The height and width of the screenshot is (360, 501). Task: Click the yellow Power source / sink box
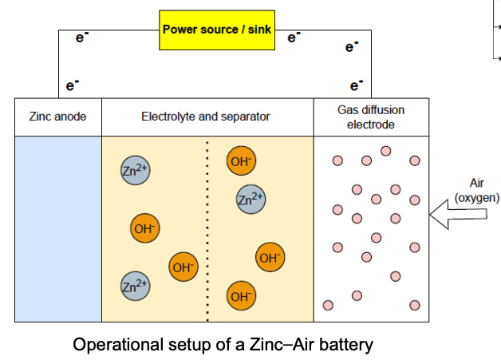pyautogui.click(x=216, y=30)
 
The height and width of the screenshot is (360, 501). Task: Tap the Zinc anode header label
pyautogui.click(x=57, y=117)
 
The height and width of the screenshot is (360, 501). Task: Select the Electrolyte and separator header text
pyautogui.click(x=205, y=117)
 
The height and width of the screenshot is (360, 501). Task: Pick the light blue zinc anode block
pyautogui.click(x=58, y=228)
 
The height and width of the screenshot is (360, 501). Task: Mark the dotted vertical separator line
pyautogui.click(x=208, y=228)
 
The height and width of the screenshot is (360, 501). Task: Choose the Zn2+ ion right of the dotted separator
pyautogui.click(x=250, y=199)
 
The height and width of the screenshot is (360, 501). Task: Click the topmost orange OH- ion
pyautogui.click(x=240, y=161)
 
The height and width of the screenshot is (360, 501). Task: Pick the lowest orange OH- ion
pyautogui.click(x=240, y=297)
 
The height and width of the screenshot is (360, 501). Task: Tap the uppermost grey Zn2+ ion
pyautogui.click(x=135, y=170)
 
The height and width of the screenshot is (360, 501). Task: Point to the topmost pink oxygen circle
pyautogui.click(x=386, y=151)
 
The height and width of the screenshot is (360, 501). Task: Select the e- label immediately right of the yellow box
pyautogui.click(x=293, y=37)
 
